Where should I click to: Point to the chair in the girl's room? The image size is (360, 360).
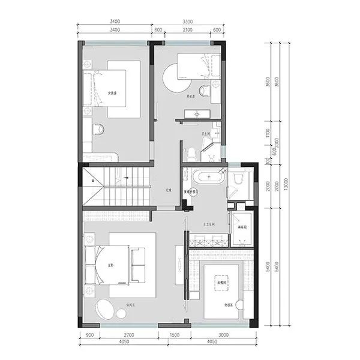point(98,128)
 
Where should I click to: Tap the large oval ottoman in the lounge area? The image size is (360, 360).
point(107,310)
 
